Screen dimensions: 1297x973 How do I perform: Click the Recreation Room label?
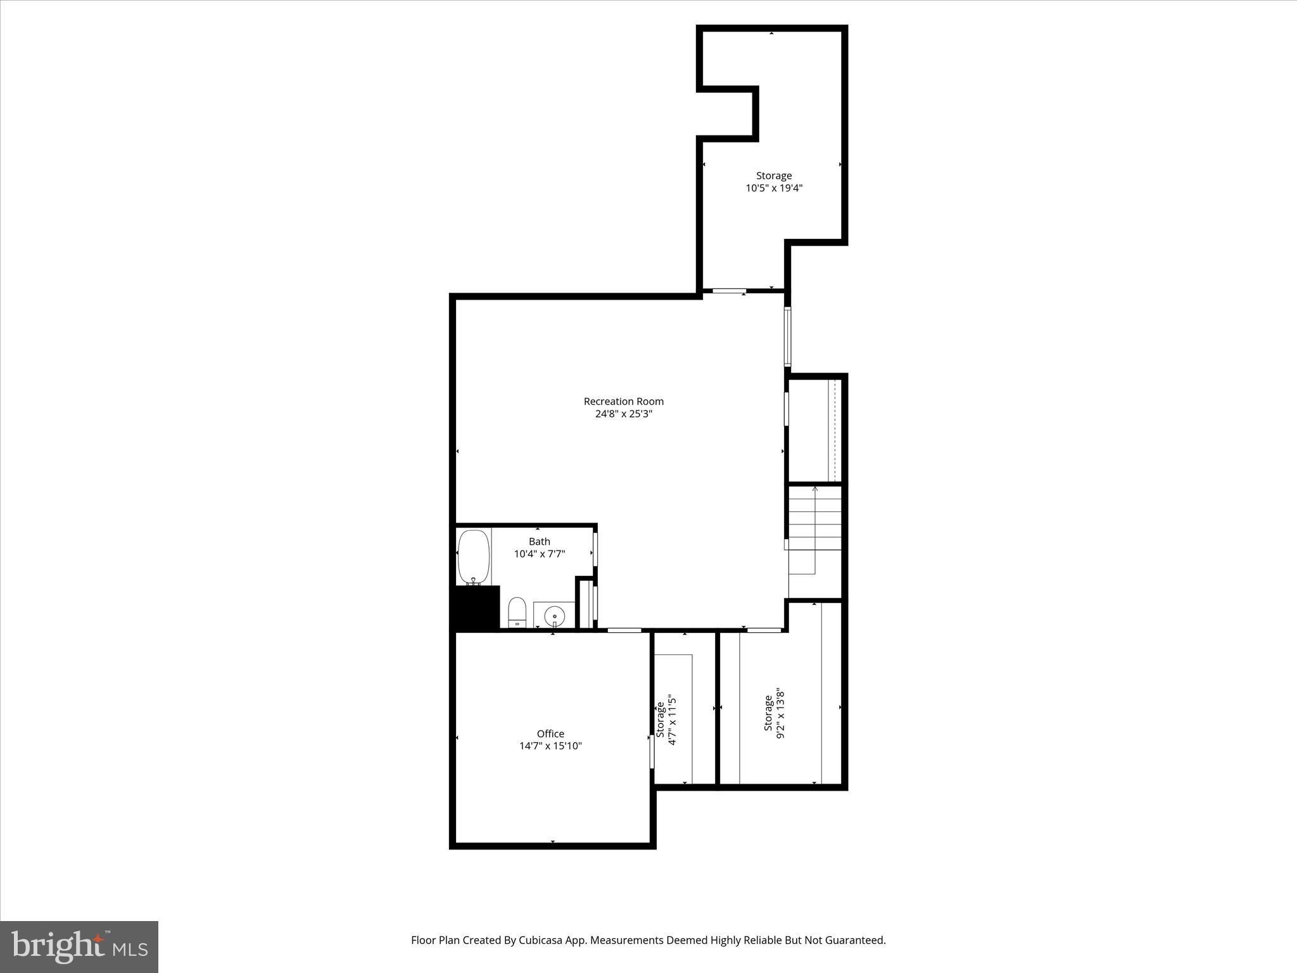coord(623,401)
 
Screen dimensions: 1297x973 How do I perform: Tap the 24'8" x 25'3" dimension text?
coord(623,414)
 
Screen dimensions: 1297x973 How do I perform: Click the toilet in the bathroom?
coord(517,612)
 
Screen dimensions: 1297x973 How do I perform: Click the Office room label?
coord(550,734)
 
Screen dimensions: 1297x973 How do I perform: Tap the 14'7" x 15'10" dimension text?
coord(550,746)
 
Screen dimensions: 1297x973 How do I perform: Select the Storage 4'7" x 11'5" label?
coord(666,722)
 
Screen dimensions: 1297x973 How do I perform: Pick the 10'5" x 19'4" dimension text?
coord(774,188)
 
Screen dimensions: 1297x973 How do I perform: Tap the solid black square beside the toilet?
coord(474,607)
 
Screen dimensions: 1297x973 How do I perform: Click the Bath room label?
coord(540,542)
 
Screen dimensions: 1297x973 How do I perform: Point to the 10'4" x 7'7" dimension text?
coord(540,554)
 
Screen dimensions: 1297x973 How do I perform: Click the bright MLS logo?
coord(79,947)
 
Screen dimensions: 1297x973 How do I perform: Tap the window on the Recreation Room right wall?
coord(788,337)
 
